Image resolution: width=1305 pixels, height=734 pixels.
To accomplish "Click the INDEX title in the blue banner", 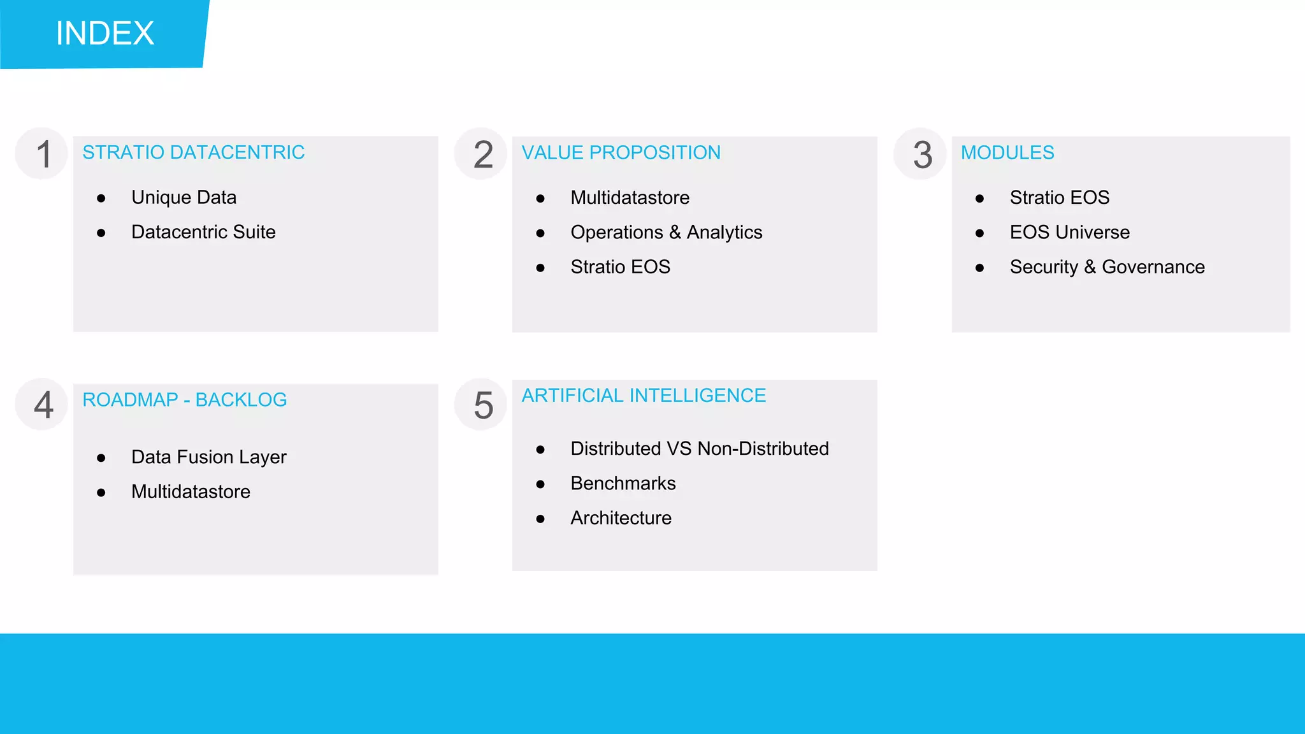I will pos(105,33).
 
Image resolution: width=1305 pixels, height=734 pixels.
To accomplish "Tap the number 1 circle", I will pos(42,154).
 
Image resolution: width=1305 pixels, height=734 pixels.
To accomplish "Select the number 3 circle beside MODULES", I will pos(921,154).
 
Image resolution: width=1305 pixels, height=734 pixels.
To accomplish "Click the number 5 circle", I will pos(482,405).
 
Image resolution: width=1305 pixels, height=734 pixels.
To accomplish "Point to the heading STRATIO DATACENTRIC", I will pos(193,152).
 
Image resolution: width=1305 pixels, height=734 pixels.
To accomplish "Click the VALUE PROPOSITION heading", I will pos(621,152).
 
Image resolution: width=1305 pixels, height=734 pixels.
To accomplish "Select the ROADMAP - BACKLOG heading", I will pos(184,399).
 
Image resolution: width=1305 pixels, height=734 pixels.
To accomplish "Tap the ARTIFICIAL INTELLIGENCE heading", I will pos(644,396).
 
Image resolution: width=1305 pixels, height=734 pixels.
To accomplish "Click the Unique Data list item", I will pos(184,198).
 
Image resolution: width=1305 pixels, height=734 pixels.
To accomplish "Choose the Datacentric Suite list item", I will pos(203,232).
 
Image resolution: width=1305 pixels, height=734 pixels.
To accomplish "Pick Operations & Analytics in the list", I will pos(666,233).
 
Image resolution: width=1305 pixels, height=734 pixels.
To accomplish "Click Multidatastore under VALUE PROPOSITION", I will pos(630,198).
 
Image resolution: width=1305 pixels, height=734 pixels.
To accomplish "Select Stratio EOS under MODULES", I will pos(1059,198).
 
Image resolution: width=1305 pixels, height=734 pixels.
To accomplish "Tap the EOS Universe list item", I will pos(1069,232).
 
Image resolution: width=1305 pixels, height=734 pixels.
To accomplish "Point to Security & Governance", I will pos(1107,267).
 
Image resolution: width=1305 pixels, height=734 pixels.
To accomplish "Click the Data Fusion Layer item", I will pos(208,457).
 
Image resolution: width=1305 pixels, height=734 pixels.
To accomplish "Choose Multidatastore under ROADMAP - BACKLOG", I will pos(191,492).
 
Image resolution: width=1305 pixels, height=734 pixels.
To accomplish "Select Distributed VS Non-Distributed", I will pos(699,449).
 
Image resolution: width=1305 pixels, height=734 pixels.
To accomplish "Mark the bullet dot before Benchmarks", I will pos(540,484).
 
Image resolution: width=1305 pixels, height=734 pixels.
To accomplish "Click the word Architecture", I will pos(621,518).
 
